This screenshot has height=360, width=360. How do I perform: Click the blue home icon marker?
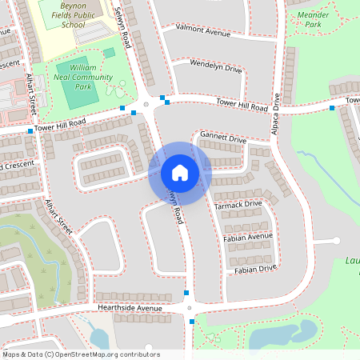pos(180,173)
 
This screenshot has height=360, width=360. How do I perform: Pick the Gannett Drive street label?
pos(223,138)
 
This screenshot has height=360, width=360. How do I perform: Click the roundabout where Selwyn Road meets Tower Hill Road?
pos(146,105)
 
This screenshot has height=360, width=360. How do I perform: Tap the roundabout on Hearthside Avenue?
pos(190,307)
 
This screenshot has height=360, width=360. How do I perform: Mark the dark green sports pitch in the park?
pos(78,94)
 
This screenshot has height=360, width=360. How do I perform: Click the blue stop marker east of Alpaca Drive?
pos(332,107)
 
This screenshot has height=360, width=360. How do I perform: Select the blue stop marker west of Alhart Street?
pos(30,131)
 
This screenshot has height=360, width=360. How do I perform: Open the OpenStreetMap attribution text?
pos(81,354)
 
